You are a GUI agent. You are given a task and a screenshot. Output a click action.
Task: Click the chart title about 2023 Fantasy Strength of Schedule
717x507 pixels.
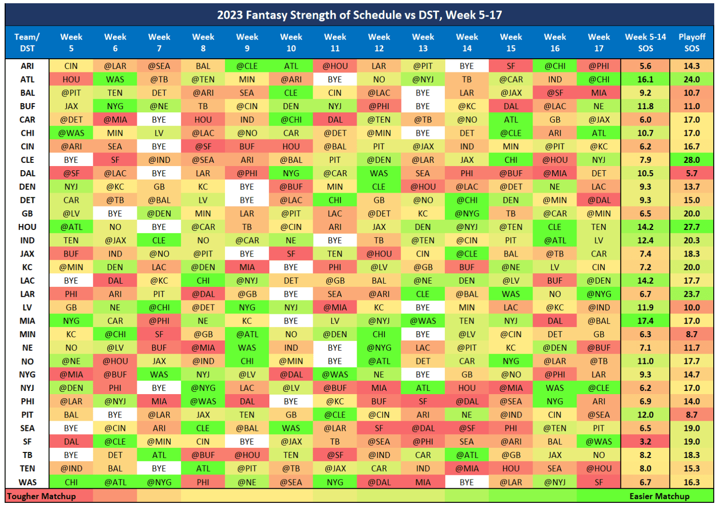pos(359,15)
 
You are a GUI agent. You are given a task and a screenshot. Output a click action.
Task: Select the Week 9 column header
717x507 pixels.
pos(247,42)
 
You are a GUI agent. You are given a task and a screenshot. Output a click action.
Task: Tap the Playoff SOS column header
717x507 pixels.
pos(691,42)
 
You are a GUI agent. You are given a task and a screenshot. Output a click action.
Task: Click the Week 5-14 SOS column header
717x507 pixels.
pos(645,42)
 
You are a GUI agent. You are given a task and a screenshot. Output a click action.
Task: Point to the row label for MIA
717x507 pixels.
pos(27,321)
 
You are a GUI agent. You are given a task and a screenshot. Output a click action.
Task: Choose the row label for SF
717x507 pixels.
pos(27,442)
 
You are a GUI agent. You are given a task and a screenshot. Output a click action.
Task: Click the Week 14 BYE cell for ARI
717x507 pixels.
pos(466,66)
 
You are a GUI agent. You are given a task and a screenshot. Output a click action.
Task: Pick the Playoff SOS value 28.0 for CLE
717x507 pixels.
pos(691,160)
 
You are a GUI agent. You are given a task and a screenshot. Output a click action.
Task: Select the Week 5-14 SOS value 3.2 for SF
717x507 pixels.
pos(645,442)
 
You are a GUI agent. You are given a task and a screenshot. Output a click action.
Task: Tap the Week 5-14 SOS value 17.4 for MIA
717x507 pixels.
pos(645,321)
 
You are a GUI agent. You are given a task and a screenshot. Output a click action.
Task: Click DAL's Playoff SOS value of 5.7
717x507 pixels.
pos(691,174)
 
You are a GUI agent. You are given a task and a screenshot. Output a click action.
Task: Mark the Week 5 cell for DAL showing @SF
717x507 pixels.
pos(71,174)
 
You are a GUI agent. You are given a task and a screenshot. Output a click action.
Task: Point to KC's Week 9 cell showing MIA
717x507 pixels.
pos(247,267)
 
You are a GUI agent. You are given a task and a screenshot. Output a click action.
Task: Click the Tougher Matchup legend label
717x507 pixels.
pos(42,496)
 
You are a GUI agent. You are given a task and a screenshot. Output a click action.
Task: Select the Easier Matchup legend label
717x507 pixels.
pos(659,496)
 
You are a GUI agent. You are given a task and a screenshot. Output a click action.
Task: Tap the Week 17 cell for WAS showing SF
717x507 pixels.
pos(598,482)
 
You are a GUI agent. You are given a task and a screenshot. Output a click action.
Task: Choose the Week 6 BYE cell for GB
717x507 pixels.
pos(115,214)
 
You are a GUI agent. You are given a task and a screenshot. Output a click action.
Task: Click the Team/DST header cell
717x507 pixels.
pos(27,42)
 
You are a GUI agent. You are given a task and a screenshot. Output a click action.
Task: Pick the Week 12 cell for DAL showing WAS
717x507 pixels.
pos(379,174)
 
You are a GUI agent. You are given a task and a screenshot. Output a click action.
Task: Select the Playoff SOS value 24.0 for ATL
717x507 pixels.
pos(691,80)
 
